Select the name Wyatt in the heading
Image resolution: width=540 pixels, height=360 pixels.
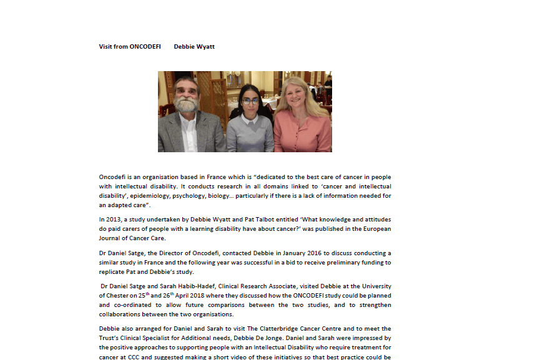click(205, 46)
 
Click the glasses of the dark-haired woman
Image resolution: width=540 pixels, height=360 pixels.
click(250, 100)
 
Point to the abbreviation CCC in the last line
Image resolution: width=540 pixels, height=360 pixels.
click(137, 356)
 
